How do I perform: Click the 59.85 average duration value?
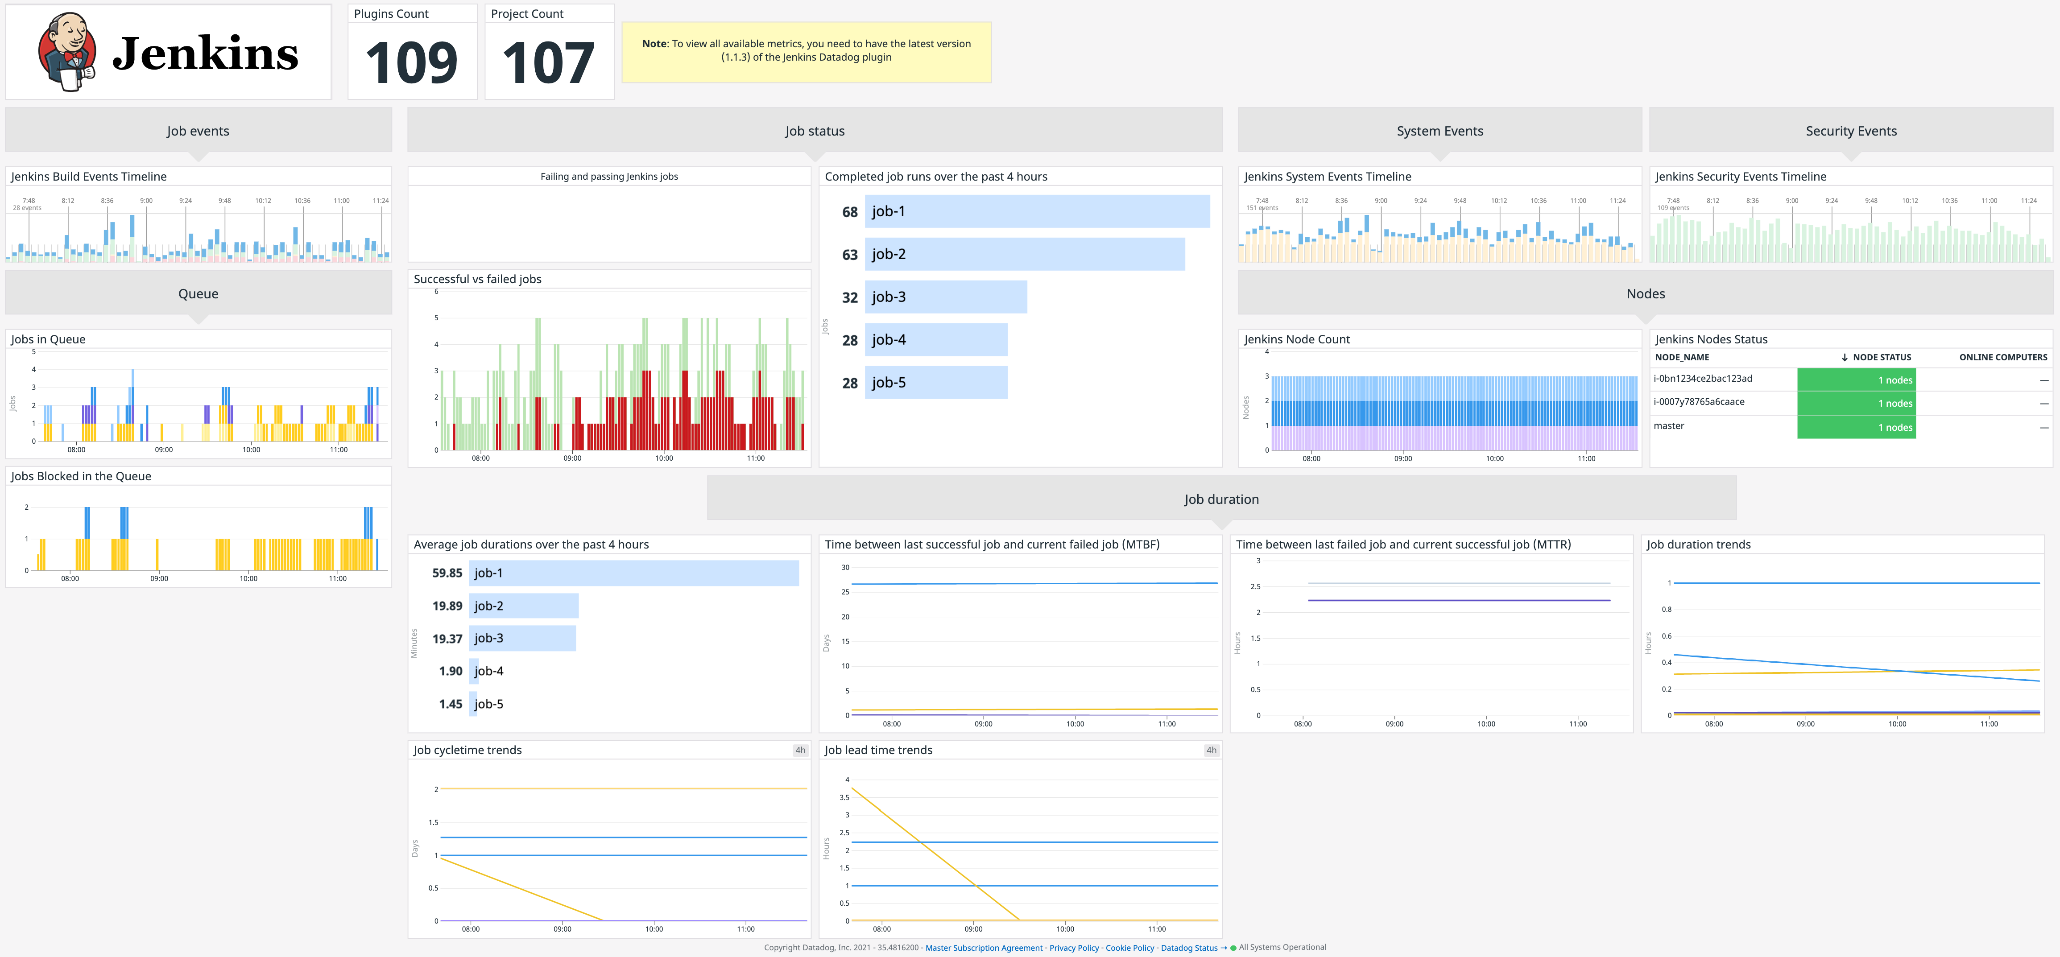(447, 573)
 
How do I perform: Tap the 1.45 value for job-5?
(450, 704)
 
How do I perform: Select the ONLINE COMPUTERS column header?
(2002, 357)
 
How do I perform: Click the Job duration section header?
(1221, 499)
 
